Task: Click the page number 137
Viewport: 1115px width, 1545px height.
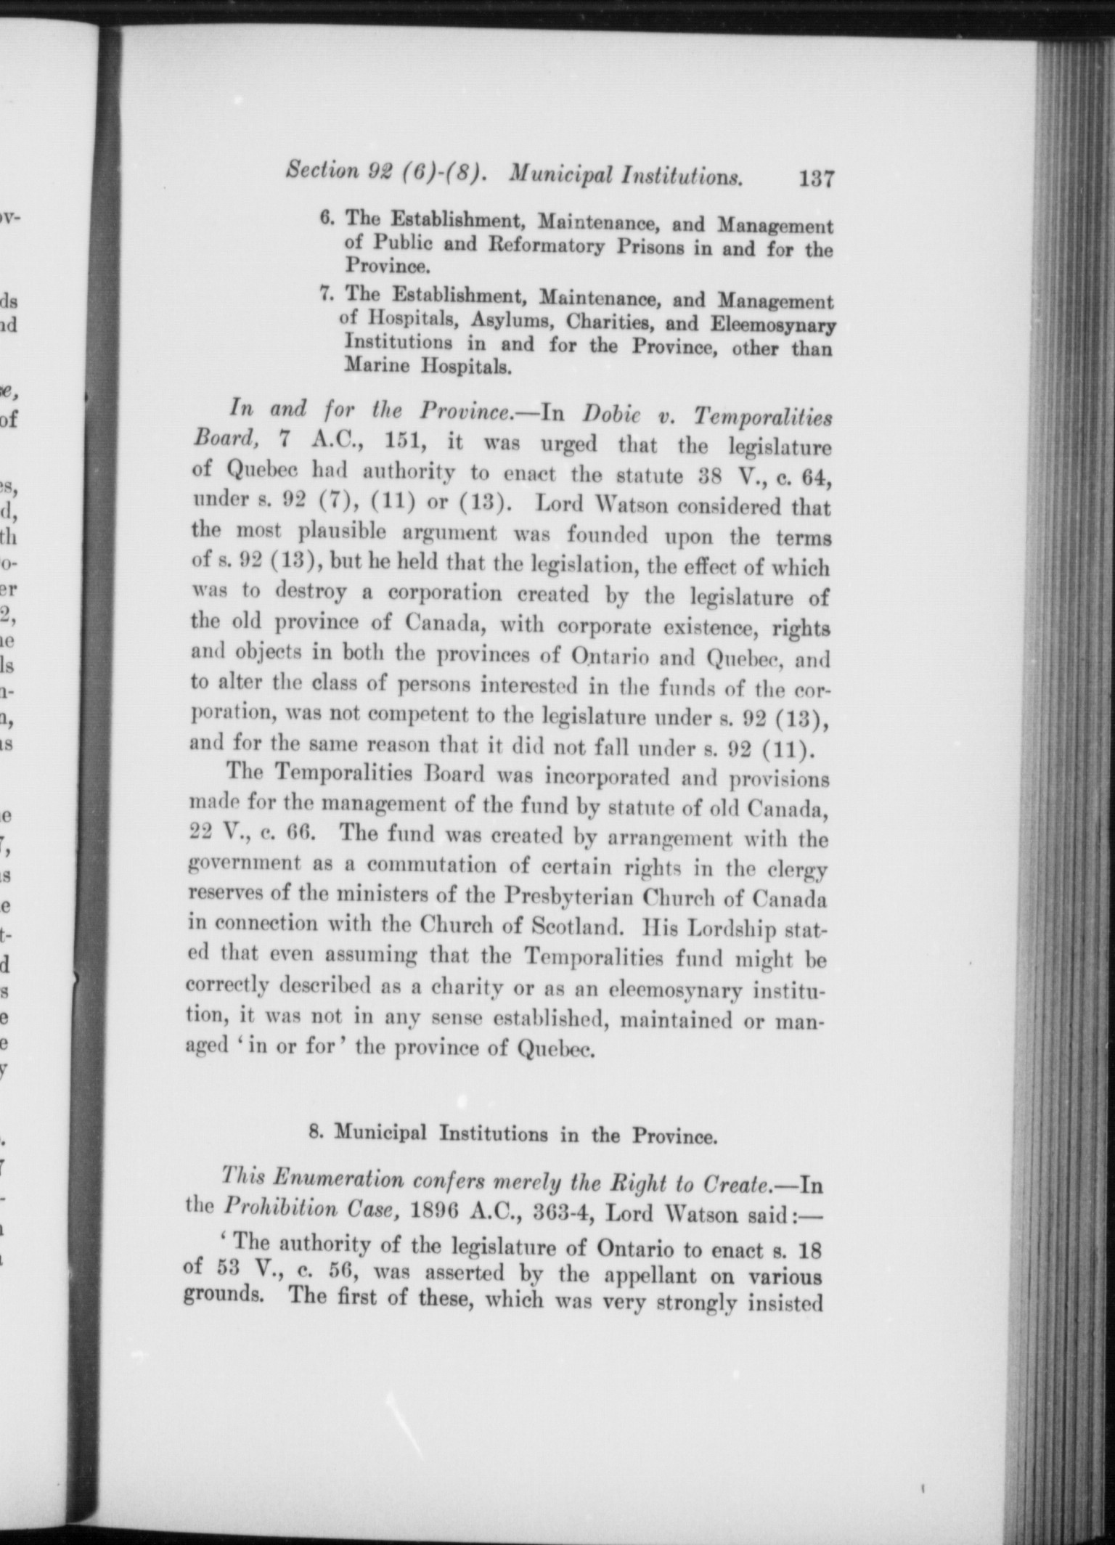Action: [815, 178]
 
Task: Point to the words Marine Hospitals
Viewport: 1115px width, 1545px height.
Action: [428, 366]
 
